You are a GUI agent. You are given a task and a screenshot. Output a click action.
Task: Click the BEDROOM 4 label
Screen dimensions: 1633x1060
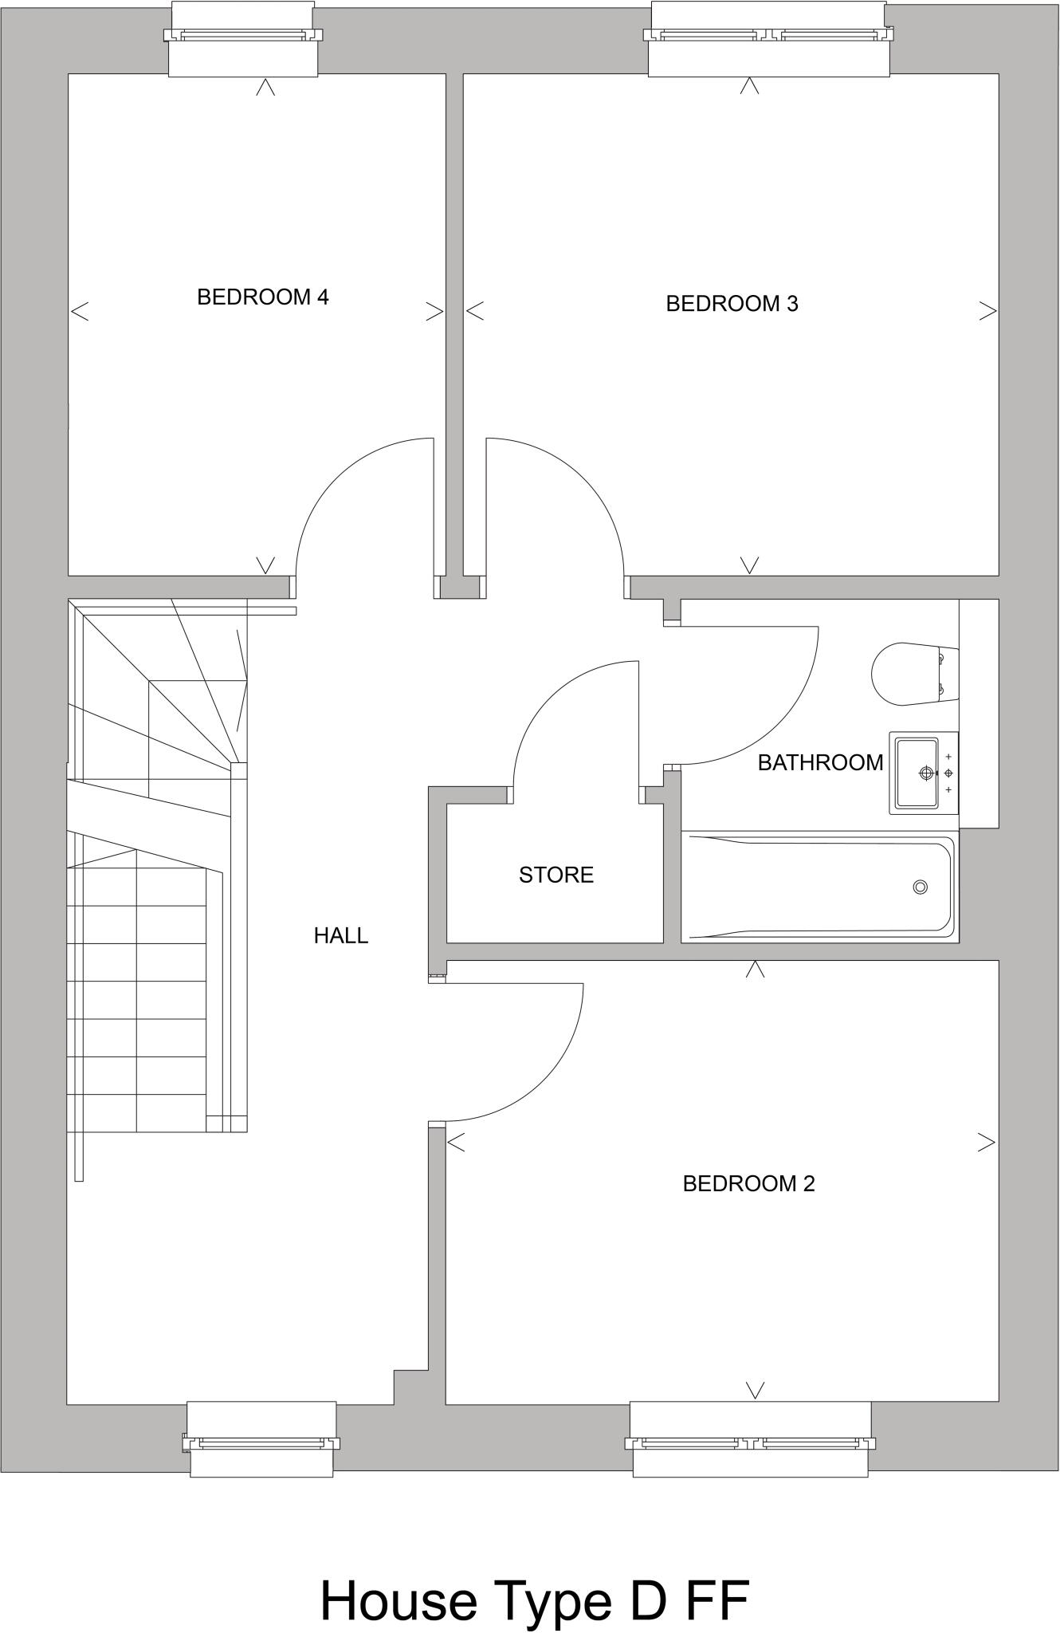(262, 297)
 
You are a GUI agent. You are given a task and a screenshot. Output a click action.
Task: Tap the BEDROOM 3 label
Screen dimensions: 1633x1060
(732, 304)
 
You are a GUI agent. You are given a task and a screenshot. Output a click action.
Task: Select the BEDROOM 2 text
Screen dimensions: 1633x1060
(748, 1183)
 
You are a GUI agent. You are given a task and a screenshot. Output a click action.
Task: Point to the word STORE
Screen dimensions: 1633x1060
(556, 875)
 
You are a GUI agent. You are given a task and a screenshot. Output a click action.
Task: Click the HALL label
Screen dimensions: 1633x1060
(340, 935)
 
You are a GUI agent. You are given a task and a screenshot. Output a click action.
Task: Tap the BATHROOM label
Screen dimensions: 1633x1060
(820, 763)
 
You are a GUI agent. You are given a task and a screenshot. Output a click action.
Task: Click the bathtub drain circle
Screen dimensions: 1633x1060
(921, 887)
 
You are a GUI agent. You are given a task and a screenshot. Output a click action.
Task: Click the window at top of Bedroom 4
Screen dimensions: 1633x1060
(242, 36)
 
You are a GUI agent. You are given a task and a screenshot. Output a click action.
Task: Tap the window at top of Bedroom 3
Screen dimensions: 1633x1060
(768, 36)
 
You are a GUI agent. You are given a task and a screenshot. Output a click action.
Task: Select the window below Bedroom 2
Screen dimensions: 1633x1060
(750, 1443)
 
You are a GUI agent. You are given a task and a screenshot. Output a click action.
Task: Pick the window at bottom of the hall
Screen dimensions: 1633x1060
(261, 1443)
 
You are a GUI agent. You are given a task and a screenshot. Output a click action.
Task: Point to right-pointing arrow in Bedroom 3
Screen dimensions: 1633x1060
(987, 311)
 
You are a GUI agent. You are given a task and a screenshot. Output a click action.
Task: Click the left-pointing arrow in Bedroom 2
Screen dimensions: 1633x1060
(456, 1143)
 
